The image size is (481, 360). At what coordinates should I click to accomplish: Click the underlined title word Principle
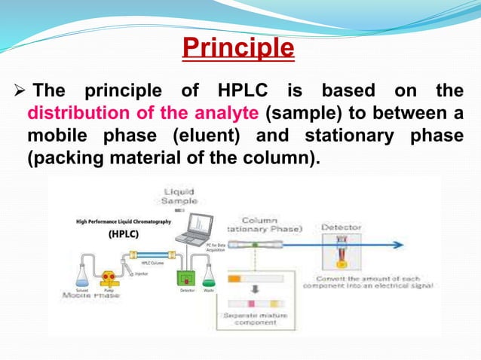(x=238, y=48)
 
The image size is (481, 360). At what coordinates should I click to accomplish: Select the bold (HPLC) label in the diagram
(x=121, y=233)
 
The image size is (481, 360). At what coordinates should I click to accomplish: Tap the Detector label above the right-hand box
(x=341, y=227)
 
